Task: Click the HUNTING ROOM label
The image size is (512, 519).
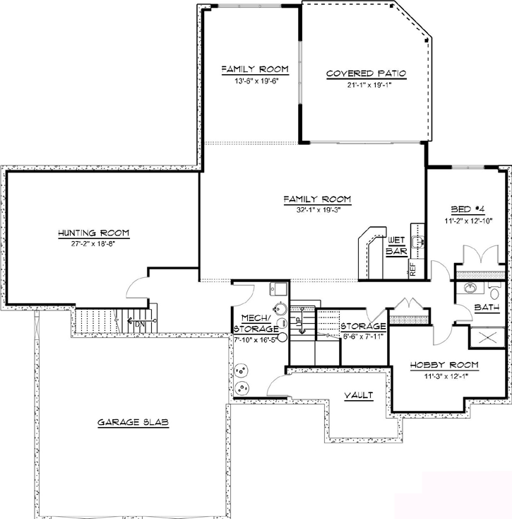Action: pos(94,233)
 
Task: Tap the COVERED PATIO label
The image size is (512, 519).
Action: pos(366,74)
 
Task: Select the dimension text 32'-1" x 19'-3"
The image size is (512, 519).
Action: pos(317,209)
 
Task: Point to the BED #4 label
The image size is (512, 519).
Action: pos(467,209)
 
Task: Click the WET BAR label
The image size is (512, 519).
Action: pos(395,245)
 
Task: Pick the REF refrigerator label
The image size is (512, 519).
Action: pos(412,269)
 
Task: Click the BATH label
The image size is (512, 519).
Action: pos(487,308)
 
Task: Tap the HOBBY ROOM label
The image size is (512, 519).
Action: pos(444,365)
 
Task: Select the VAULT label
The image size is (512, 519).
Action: pos(358,395)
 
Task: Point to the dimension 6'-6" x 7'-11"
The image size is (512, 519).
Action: pos(363,336)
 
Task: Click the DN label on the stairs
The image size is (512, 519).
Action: pos(141,325)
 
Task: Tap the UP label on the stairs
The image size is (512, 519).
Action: pos(299,324)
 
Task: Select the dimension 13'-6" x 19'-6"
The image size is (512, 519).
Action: pos(255,81)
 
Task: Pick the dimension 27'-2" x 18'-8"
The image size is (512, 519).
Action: pos(94,243)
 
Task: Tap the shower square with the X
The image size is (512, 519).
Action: pos(489,337)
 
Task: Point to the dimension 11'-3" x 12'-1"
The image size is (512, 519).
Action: pos(444,375)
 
